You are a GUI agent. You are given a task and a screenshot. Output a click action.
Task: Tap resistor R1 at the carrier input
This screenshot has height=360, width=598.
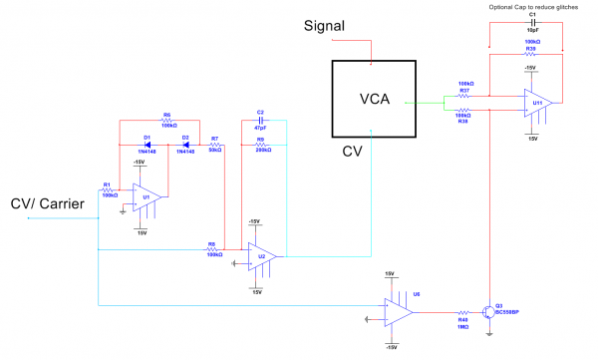click(109, 188)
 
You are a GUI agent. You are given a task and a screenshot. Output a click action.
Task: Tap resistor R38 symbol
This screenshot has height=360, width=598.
click(465, 110)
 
